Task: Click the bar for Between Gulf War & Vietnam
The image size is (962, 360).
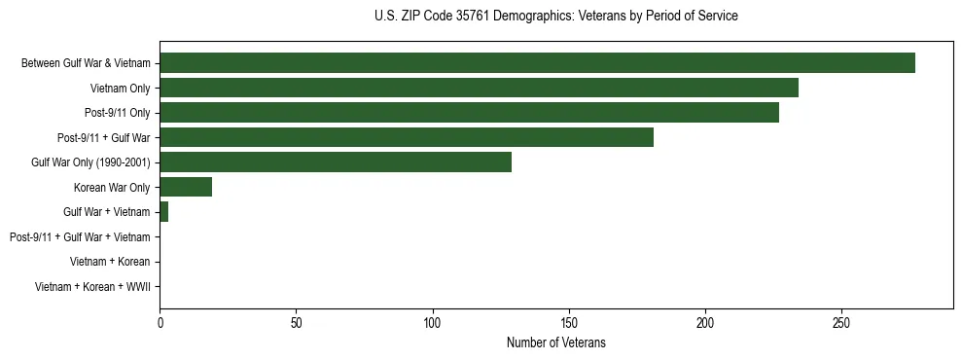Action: coord(537,63)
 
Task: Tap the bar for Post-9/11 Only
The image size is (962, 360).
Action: coord(469,113)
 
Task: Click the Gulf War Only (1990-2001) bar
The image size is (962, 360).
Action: coord(336,162)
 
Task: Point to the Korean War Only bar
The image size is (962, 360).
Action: coord(186,187)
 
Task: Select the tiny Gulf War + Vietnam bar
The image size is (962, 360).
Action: coord(163,212)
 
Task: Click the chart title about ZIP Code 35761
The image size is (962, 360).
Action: coord(555,17)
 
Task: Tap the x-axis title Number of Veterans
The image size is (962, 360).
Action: coord(555,342)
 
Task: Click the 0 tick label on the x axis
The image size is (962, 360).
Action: coord(160,322)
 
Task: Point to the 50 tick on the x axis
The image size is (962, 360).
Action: coord(296,322)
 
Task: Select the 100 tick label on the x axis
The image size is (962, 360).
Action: coord(433,322)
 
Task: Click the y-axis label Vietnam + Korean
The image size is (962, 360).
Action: coord(110,262)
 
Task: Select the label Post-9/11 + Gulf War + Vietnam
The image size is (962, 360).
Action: coord(80,237)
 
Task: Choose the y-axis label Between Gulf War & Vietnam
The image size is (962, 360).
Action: coord(86,63)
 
